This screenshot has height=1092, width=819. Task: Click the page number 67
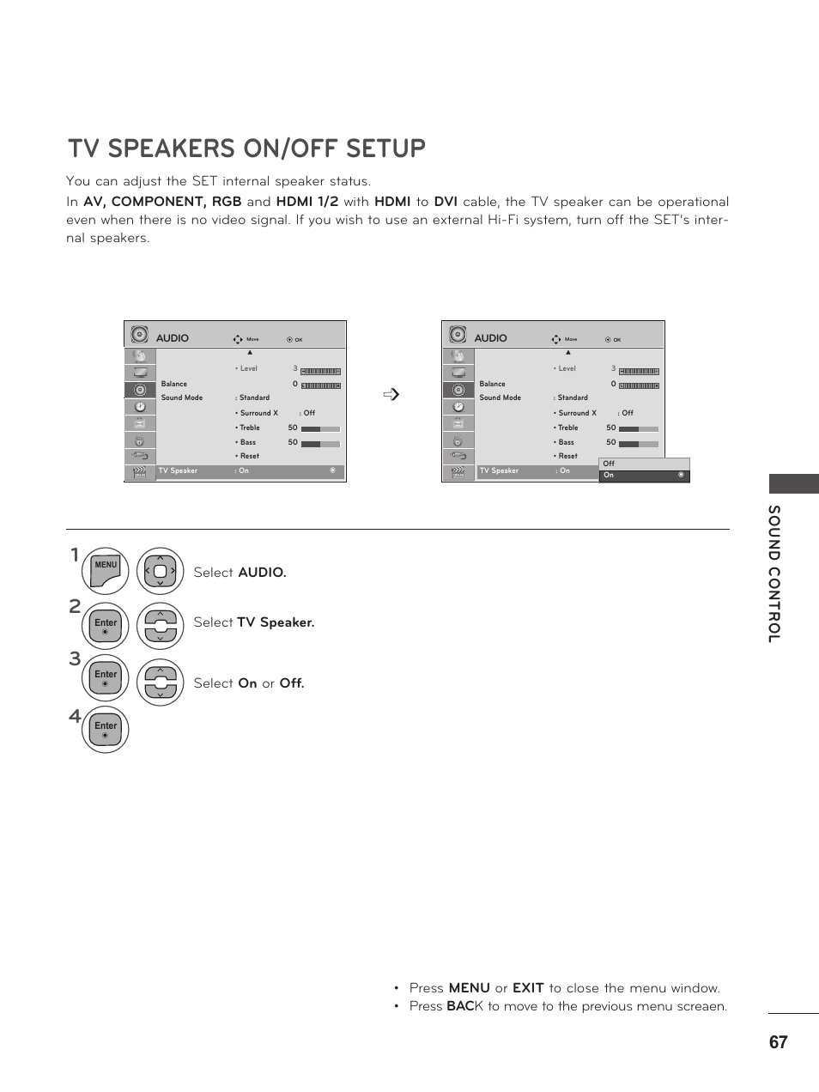778,1042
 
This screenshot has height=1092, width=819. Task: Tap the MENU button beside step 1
106,571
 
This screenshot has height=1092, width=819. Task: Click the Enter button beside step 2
106,626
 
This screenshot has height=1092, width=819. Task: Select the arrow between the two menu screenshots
392,395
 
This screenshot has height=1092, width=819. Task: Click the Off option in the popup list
610,464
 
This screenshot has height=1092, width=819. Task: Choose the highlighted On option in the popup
644,475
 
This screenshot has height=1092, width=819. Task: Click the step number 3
75,659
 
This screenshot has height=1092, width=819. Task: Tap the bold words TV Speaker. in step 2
276,622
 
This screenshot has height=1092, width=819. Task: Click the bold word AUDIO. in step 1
262,573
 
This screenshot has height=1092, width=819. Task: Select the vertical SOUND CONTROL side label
774,573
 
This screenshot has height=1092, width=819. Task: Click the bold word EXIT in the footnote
528,988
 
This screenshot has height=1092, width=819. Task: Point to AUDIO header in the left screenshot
173,338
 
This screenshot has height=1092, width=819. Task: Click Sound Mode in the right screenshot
500,397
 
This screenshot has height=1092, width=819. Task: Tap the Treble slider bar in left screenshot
320,428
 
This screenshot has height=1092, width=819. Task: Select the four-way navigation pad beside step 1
160,571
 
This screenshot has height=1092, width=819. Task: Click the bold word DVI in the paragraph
446,202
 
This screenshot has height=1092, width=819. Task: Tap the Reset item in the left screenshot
249,456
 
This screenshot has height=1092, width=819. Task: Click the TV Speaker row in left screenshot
249,471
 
